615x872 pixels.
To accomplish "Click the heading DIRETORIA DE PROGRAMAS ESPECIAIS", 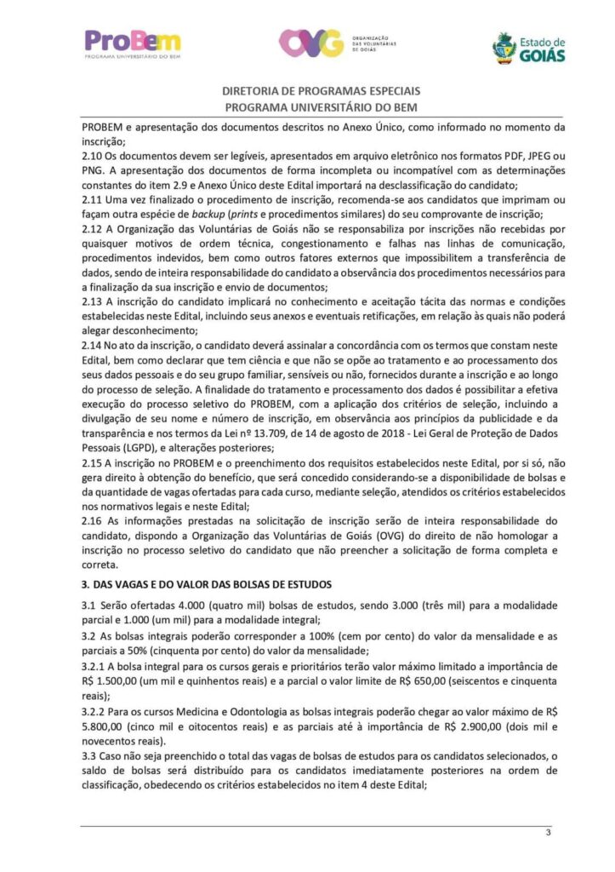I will (322, 91).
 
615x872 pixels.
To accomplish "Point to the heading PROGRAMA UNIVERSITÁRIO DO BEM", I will (322, 107).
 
